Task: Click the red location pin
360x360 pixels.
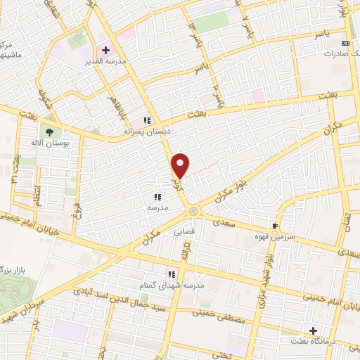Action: point(181,165)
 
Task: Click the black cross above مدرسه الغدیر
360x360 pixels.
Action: point(105,51)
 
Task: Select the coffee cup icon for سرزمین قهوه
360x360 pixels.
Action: point(276,226)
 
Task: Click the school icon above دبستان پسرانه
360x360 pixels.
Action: point(148,120)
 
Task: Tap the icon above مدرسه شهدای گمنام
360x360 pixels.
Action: point(171,275)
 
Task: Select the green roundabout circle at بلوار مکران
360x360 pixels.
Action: point(192,211)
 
